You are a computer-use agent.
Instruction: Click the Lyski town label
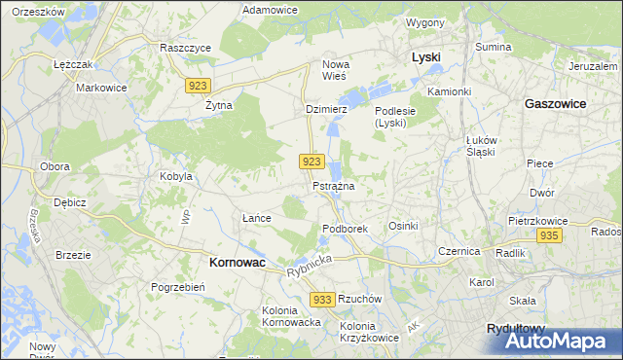click(x=425, y=57)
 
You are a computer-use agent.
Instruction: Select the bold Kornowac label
click(x=238, y=263)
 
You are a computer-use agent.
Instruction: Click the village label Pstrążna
click(x=333, y=185)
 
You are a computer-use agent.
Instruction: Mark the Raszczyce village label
click(x=186, y=47)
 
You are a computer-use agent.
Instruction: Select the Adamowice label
click(x=270, y=10)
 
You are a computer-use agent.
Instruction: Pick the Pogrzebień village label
click(x=177, y=287)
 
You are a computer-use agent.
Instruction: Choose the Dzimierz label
click(x=326, y=109)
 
